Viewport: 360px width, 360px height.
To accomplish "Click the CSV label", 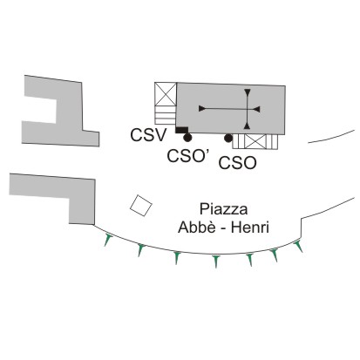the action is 148,135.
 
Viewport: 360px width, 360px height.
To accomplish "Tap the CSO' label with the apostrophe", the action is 188,156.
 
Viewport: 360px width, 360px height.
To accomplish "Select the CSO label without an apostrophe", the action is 237,163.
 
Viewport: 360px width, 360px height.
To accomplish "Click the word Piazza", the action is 223,209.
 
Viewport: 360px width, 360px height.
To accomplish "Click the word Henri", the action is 250,228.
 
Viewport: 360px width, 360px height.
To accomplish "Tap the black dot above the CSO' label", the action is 187,138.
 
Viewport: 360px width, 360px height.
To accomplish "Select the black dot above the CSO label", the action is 228,139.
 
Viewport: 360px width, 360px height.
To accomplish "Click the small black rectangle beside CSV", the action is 182,130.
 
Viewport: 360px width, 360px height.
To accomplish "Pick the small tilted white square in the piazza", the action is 141,206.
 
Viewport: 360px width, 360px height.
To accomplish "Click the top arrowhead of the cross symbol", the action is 248,92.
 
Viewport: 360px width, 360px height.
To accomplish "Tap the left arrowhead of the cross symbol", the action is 202,108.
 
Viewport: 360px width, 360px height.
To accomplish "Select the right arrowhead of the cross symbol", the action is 256,109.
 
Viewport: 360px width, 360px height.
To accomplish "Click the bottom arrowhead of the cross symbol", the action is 247,126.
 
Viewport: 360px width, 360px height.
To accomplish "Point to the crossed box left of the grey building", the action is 166,94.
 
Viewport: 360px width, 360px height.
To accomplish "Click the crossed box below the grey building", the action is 255,142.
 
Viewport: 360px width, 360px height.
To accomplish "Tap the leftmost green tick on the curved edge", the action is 108,240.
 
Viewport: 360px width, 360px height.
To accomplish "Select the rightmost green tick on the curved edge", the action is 299,247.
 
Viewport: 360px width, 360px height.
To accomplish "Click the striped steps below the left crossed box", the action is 166,115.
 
